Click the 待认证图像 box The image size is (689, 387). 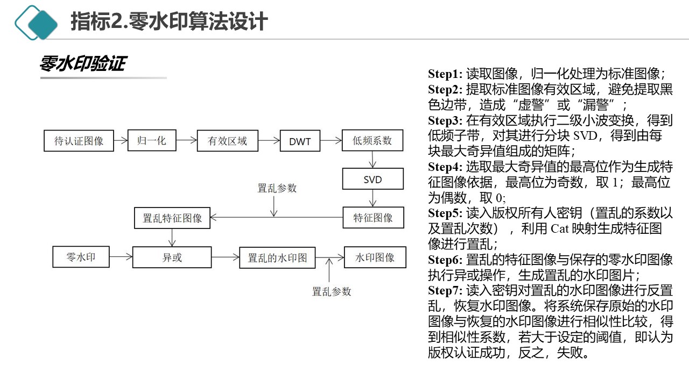coord(79,141)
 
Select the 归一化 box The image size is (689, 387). coord(152,141)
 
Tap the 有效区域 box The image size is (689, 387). coord(228,141)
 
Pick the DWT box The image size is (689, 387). coord(300,141)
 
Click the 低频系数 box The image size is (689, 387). coord(372,141)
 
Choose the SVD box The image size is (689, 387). coord(372,179)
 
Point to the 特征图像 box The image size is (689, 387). coord(373,217)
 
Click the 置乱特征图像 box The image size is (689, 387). coord(172,218)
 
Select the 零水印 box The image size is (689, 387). coord(81,257)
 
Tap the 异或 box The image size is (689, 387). coord(172,257)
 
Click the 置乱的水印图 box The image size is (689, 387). coord(277,257)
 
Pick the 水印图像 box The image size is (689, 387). coord(375,257)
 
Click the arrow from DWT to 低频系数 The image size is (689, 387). coord(331,141)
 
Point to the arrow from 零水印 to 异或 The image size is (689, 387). coord(121,257)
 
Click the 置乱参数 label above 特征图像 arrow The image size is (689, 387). coord(277,188)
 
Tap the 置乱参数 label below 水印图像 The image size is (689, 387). coord(332,291)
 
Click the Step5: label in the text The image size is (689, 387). coord(445,212)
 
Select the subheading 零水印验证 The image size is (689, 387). coord(82,64)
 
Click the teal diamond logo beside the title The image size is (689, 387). coord(36,23)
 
